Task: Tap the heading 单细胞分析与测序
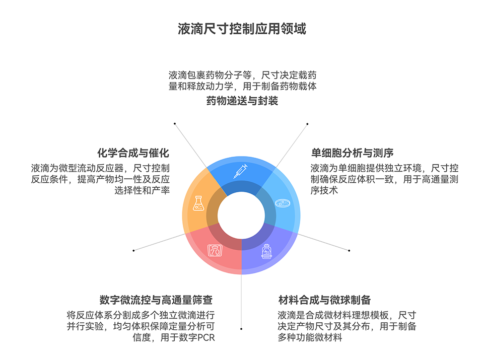[x=352, y=153]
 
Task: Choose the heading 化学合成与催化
[x=133, y=153]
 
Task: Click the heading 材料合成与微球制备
[x=324, y=300]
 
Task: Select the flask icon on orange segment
[x=198, y=204]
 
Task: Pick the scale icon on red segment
[x=215, y=250]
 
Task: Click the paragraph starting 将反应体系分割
[x=141, y=326]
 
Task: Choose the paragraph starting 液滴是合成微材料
[x=347, y=326]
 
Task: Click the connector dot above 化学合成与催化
[x=175, y=123]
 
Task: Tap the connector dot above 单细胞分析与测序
[x=308, y=123]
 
